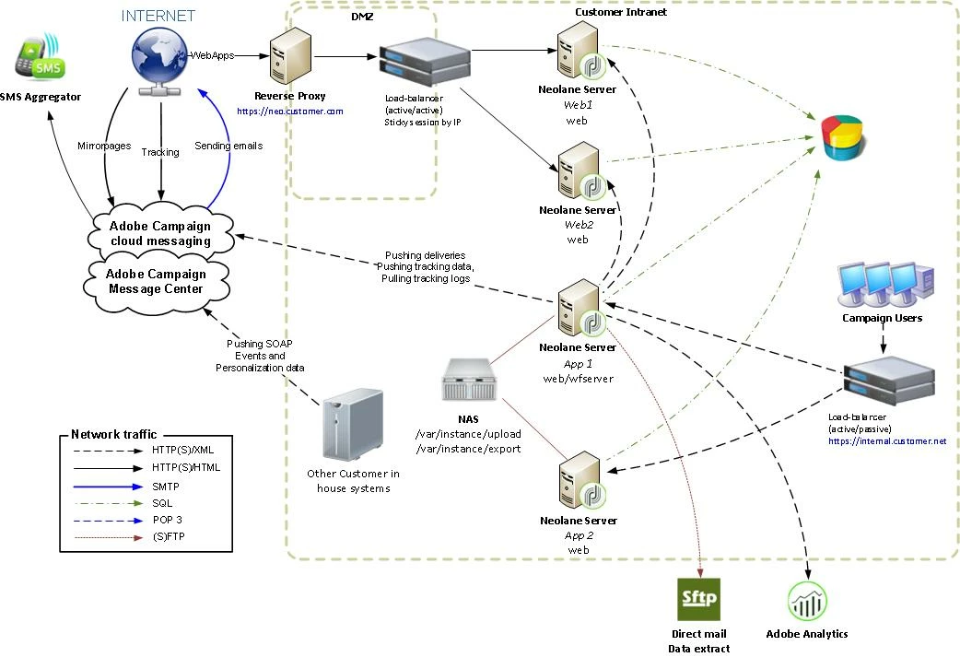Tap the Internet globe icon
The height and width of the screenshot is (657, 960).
(161, 58)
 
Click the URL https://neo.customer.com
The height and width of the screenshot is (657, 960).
(289, 111)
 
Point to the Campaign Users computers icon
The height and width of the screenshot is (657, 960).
(884, 286)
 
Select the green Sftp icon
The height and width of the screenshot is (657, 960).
(698, 600)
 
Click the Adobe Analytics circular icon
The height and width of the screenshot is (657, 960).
(807, 602)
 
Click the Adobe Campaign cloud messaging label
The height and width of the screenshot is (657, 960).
(159, 233)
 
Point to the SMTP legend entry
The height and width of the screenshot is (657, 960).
(166, 486)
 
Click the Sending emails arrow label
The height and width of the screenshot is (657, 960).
(228, 146)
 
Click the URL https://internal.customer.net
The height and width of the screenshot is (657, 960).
(887, 441)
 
